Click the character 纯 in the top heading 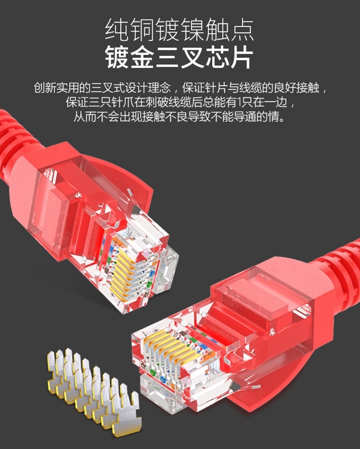click(x=117, y=30)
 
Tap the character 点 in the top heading click(x=242, y=30)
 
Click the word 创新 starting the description click(x=45, y=88)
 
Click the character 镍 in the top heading click(x=192, y=30)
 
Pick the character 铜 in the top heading click(x=142, y=30)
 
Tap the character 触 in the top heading click(x=217, y=30)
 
